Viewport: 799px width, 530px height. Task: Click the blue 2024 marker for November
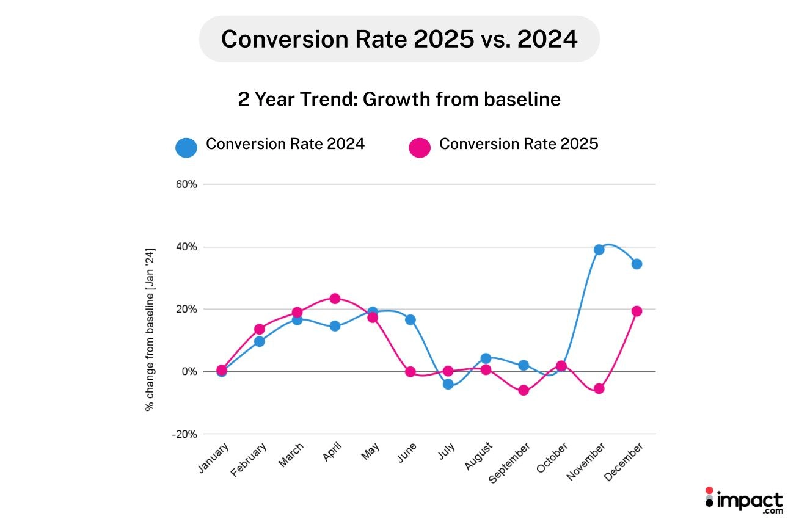pyautogui.click(x=599, y=250)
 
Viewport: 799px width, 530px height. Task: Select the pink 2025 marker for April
pyautogui.click(x=335, y=299)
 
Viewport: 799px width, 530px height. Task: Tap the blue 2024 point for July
pyautogui.click(x=448, y=384)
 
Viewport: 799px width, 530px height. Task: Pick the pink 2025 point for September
pyautogui.click(x=524, y=390)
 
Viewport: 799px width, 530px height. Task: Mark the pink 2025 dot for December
pyautogui.click(x=637, y=311)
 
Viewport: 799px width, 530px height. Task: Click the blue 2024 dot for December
pyautogui.click(x=637, y=264)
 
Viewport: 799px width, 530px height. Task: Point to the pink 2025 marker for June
pyautogui.click(x=410, y=371)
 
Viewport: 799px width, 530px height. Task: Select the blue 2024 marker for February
pyautogui.click(x=259, y=341)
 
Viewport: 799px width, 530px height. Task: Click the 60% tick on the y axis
pyautogui.click(x=186, y=184)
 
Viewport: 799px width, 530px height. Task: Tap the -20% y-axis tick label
pyautogui.click(x=185, y=434)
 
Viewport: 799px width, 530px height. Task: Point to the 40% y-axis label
pyautogui.click(x=186, y=247)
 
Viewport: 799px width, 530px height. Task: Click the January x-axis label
pyautogui.click(x=213, y=458)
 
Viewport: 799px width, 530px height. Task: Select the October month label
pyautogui.click(x=553, y=460)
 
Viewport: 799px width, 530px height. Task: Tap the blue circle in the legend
pyautogui.click(x=186, y=147)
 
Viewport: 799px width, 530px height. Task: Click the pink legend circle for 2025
pyautogui.click(x=420, y=147)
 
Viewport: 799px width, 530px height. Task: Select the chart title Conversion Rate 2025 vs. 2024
pyautogui.click(x=399, y=39)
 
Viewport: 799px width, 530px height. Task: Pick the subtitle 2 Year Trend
pyautogui.click(x=399, y=99)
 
